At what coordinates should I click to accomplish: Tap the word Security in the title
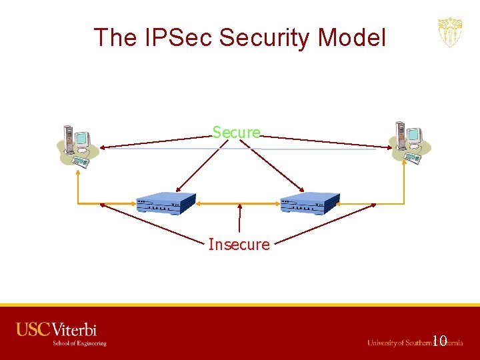click(x=268, y=37)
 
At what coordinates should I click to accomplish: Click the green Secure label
click(x=237, y=132)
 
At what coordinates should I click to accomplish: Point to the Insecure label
click(x=239, y=245)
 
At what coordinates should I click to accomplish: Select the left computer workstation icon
click(x=77, y=145)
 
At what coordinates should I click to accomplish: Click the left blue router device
click(x=165, y=203)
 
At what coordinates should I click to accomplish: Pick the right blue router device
click(x=309, y=203)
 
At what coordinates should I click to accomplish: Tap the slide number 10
click(x=439, y=341)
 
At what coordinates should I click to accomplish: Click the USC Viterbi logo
click(x=57, y=330)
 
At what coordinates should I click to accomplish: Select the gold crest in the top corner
click(x=450, y=33)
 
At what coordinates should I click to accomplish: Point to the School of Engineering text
click(x=79, y=343)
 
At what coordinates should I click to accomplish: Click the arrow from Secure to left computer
click(x=153, y=142)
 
